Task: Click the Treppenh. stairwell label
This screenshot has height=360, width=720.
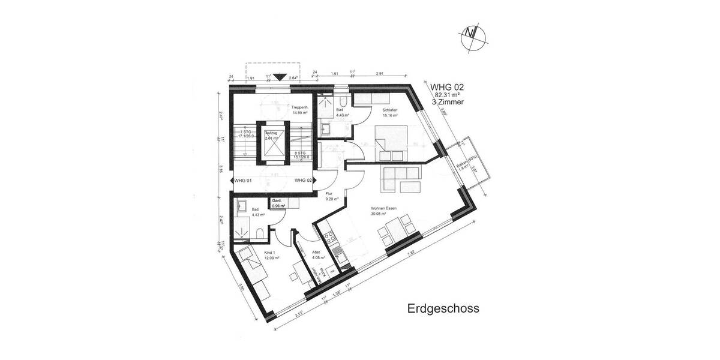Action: [300, 109]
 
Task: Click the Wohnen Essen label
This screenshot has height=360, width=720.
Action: [384, 210]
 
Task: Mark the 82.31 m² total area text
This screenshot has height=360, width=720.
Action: [447, 95]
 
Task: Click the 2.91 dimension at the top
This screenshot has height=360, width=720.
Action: [380, 73]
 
